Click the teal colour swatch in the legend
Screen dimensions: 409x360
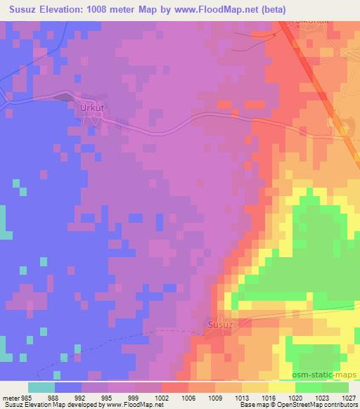(x=41, y=388)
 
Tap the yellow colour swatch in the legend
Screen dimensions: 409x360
(x=282, y=388)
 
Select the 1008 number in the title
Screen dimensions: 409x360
(x=116, y=8)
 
